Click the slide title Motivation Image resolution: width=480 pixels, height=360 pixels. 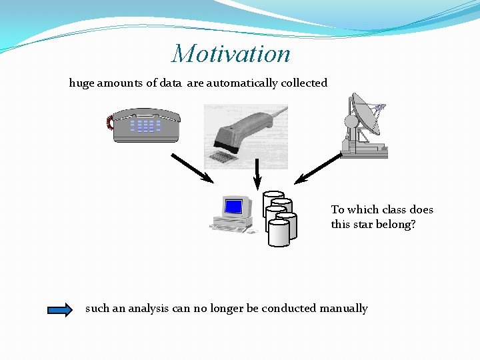click(231, 54)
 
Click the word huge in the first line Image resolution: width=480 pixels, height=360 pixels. click(82, 83)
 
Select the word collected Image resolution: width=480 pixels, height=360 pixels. click(304, 83)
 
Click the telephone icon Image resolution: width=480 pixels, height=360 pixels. click(145, 125)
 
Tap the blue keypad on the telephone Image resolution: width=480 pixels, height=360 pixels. click(145, 125)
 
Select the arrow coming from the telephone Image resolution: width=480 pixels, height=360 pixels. click(192, 168)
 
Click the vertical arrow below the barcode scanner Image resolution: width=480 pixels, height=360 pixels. click(257, 173)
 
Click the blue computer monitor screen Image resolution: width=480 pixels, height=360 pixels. click(233, 207)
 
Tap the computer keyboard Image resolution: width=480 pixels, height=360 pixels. click(230, 227)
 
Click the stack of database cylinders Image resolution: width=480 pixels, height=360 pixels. click(279, 218)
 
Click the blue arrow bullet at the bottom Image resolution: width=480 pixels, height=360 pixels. click(60, 309)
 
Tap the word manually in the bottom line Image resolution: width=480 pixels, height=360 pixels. click(343, 309)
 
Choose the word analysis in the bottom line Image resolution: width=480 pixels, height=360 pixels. click(149, 309)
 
